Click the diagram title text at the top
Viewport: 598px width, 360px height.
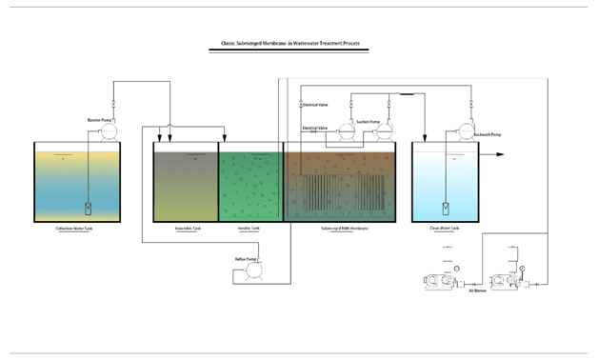tap(289, 44)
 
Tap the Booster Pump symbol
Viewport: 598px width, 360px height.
tap(108, 134)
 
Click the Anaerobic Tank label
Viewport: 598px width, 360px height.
tap(187, 229)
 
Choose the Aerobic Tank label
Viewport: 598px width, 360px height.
tap(249, 229)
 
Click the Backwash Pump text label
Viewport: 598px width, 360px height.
tap(488, 135)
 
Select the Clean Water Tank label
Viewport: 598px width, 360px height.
tap(445, 229)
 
